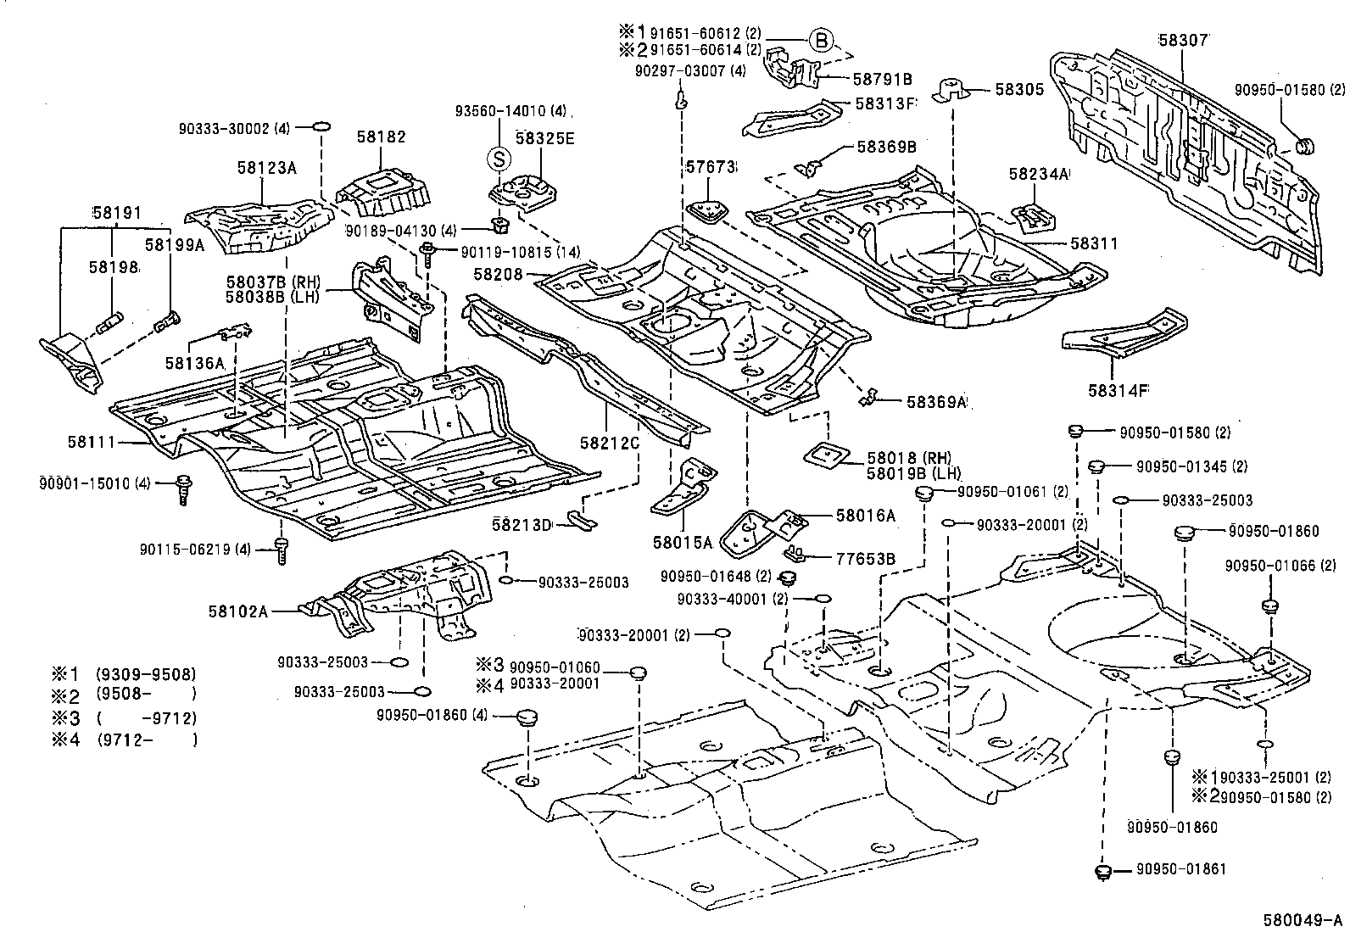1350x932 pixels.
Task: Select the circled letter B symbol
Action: click(x=820, y=40)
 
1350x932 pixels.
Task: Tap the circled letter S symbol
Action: click(x=499, y=158)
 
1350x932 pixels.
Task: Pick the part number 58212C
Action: click(x=609, y=442)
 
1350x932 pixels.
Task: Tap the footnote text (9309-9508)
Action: click(x=145, y=675)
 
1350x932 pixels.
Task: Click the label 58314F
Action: click(x=1118, y=391)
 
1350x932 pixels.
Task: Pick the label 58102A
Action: click(x=239, y=610)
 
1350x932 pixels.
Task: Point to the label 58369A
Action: click(x=936, y=402)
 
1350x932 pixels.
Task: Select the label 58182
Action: click(x=381, y=137)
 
